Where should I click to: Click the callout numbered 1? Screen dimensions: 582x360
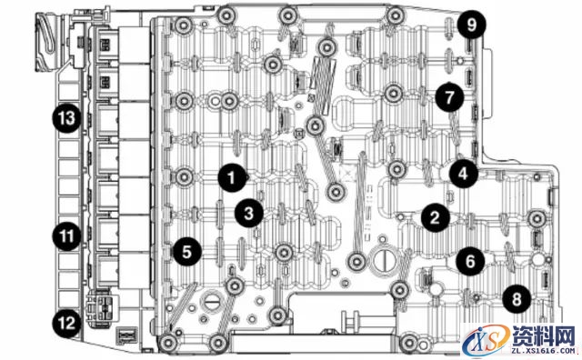[x=232, y=178]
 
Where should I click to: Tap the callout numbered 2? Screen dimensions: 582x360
[x=435, y=217]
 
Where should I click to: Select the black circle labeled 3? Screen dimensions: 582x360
[x=248, y=213]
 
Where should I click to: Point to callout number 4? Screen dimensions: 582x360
[x=463, y=174]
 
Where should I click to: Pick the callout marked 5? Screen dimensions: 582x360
[x=186, y=252]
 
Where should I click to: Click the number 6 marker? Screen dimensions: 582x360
[x=470, y=261]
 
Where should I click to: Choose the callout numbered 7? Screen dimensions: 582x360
[x=449, y=97]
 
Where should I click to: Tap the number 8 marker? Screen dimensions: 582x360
[x=517, y=298]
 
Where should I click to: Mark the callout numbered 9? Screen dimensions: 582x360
[x=471, y=25]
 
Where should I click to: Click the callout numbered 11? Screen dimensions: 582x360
[x=66, y=236]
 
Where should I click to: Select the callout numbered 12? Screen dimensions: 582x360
[x=66, y=323]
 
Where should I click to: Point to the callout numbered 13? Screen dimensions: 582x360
[x=66, y=118]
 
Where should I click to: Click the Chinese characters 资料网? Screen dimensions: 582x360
[x=543, y=335]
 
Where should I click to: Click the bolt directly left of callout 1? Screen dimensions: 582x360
[x=184, y=176]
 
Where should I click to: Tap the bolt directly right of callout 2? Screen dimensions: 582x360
[x=537, y=218]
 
